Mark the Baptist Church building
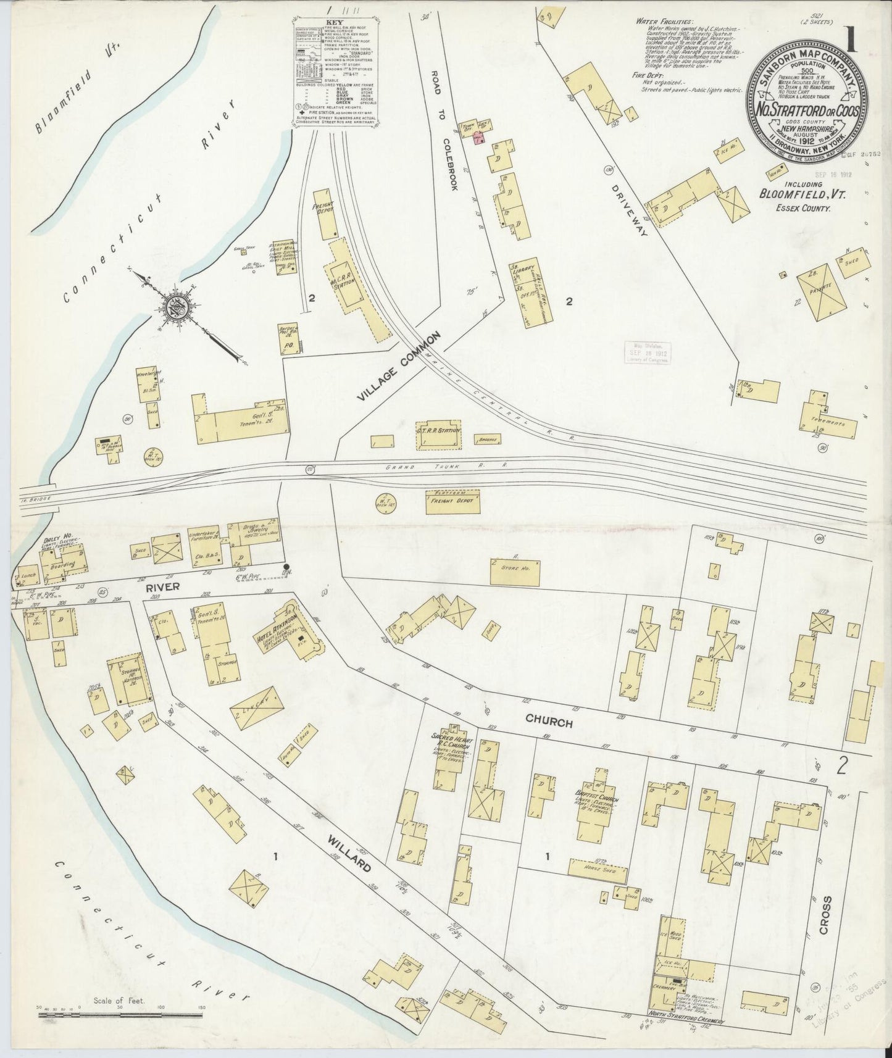(593, 806)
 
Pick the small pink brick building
(478, 140)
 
